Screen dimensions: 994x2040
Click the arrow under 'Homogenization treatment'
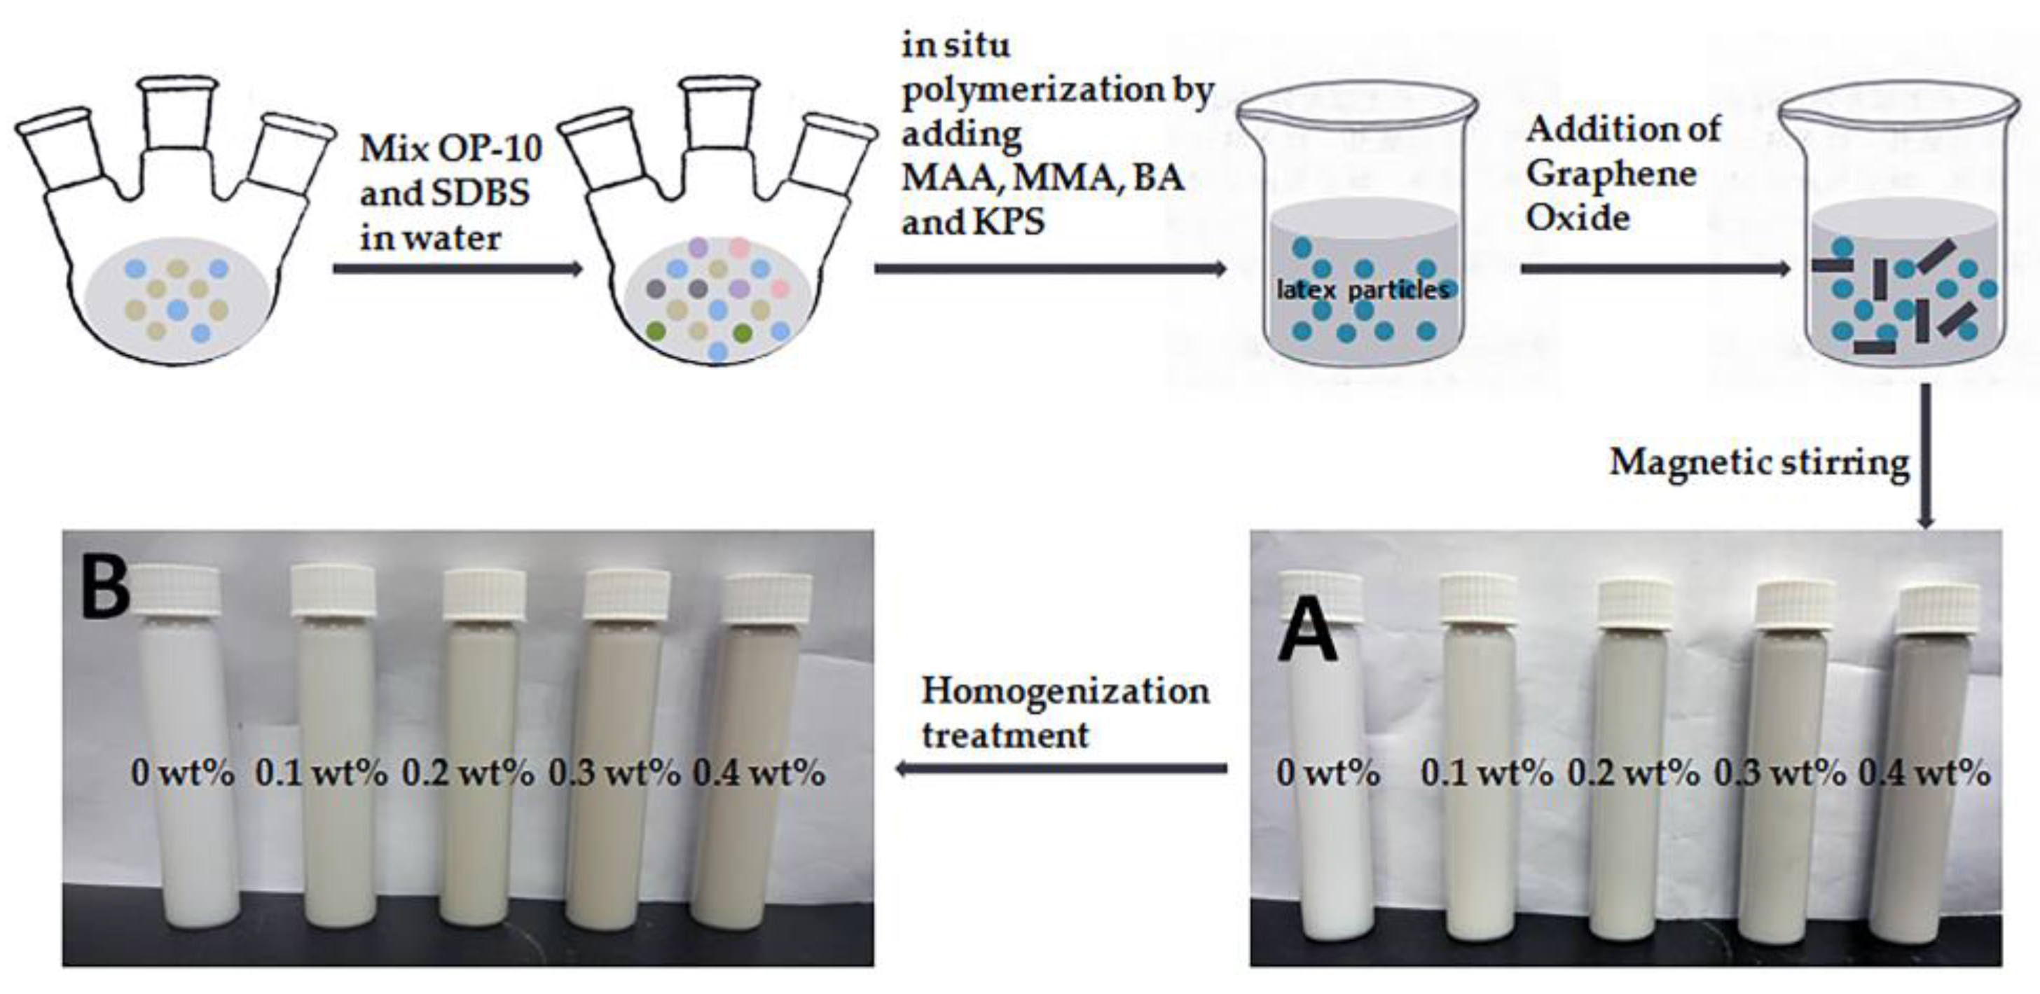1061,768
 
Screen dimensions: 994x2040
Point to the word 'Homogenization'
1065,691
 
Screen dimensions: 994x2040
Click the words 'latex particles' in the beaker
1362,290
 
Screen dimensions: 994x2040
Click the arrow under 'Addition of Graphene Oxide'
1655,269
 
